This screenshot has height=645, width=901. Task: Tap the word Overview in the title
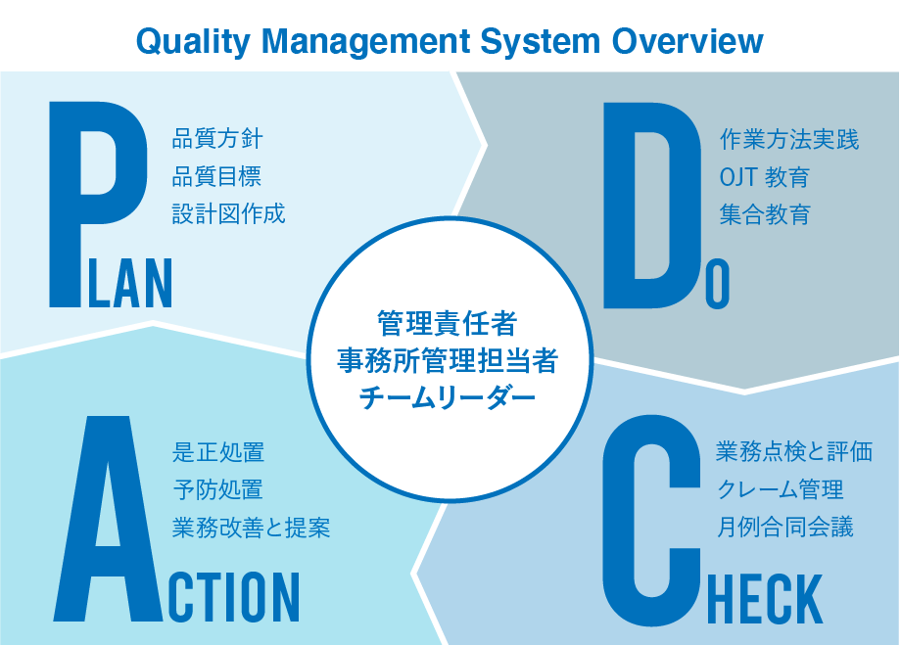click(688, 41)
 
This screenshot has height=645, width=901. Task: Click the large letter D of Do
click(652, 205)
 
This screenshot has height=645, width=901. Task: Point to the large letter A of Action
click(107, 518)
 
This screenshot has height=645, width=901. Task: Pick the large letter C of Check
click(652, 520)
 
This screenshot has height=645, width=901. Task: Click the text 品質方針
click(217, 139)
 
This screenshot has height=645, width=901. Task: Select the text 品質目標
click(216, 176)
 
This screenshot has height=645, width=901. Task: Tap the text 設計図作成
click(229, 213)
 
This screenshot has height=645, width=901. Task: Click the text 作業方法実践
click(789, 140)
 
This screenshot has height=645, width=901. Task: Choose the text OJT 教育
click(764, 177)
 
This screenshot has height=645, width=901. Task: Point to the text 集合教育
click(765, 214)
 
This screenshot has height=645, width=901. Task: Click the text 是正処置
click(218, 452)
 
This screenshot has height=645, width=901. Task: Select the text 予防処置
click(217, 490)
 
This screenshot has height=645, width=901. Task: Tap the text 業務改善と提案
click(251, 528)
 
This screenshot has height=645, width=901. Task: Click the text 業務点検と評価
click(794, 451)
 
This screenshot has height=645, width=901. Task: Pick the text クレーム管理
click(780, 489)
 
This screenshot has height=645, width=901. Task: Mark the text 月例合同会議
click(784, 527)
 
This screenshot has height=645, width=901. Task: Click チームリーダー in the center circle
click(447, 397)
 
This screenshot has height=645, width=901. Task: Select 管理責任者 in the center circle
click(447, 323)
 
